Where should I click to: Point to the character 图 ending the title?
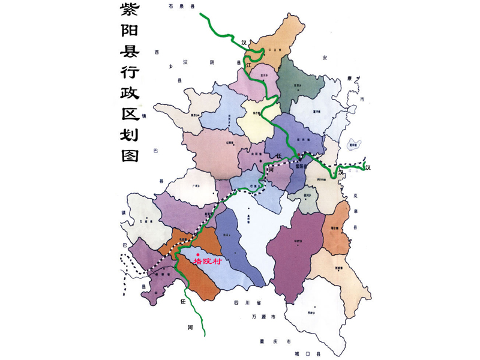128,156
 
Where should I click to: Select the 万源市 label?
262,316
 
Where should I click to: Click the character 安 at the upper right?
325,57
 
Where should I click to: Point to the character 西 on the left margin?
157,52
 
